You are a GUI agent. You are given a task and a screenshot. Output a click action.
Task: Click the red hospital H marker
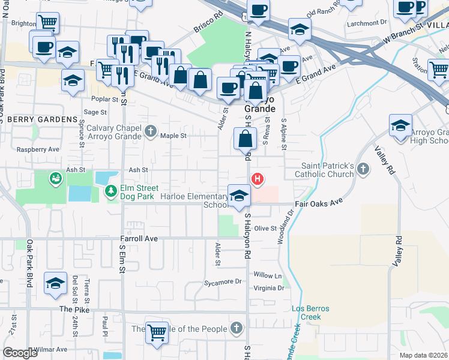258,179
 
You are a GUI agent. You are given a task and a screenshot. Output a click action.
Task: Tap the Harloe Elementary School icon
239,195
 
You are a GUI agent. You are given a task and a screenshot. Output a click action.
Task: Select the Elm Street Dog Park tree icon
111,191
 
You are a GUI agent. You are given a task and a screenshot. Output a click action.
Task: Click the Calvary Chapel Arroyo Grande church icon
151,130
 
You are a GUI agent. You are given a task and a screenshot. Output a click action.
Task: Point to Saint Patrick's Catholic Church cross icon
363,170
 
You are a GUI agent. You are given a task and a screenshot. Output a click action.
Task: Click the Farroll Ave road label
137,239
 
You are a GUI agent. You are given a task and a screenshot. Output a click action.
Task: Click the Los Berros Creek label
310,313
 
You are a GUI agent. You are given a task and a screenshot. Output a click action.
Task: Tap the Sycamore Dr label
222,281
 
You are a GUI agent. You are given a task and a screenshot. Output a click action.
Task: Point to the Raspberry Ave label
38,149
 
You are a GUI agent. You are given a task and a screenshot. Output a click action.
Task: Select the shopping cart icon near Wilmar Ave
157,331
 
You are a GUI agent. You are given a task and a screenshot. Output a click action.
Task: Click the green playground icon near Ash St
56,178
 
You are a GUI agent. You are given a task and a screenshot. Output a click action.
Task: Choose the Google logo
20,353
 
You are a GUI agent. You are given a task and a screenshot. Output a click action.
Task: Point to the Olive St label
265,229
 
